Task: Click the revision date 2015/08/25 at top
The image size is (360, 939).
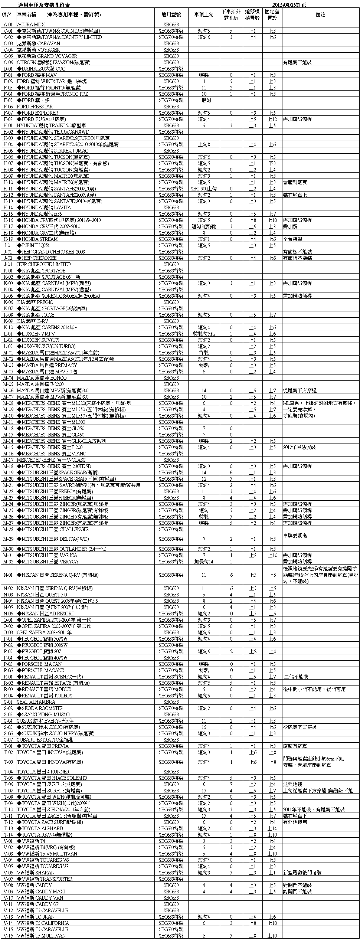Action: point(289,5)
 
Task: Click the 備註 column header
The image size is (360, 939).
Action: point(320,15)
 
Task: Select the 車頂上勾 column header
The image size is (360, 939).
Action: point(204,15)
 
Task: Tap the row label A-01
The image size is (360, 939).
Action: point(8,24)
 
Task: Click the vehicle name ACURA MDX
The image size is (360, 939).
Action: point(31,24)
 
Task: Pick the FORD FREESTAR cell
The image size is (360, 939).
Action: point(35,107)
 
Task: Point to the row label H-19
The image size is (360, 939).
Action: point(8,239)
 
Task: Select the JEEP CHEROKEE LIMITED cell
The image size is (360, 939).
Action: point(44,264)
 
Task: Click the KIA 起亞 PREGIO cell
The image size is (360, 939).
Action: point(35,302)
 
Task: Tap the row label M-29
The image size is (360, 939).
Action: point(8,539)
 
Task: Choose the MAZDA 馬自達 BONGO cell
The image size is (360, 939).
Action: point(42,378)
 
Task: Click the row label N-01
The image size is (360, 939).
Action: point(8,575)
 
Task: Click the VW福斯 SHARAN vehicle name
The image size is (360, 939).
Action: point(36,873)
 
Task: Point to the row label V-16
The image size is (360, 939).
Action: point(8,936)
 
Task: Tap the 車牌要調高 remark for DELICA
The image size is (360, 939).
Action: point(295,536)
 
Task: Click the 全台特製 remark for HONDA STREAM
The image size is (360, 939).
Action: point(292,239)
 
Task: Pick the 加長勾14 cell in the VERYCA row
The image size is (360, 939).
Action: point(204,562)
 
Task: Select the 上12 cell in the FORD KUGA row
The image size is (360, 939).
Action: point(272,119)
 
